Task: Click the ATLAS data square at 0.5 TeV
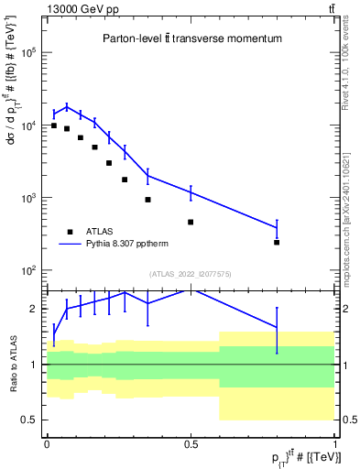191,222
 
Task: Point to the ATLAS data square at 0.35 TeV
147,199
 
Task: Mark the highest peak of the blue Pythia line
67,106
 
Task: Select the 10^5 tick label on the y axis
27,53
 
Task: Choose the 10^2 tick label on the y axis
27,271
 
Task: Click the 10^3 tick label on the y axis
27,199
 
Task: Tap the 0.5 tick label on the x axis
191,442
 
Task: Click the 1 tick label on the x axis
334,442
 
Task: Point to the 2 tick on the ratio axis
34,310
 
